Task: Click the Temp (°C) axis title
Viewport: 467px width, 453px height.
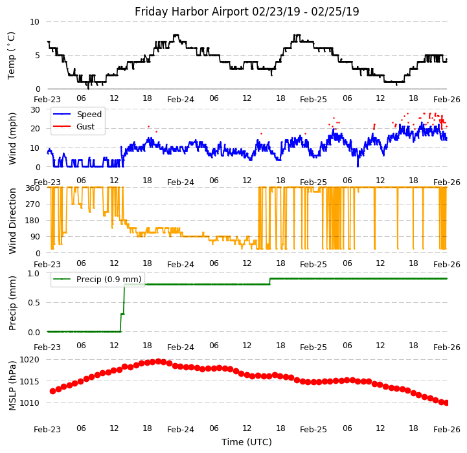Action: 12,55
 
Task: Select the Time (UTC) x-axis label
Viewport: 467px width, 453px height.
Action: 247,442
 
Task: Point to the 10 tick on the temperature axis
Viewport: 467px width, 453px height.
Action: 34,22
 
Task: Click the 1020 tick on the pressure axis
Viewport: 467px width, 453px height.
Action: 29,360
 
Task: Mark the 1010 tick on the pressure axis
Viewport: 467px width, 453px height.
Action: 29,403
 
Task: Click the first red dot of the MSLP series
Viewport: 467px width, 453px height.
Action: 52,391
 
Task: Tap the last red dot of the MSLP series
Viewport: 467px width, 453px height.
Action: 446,403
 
